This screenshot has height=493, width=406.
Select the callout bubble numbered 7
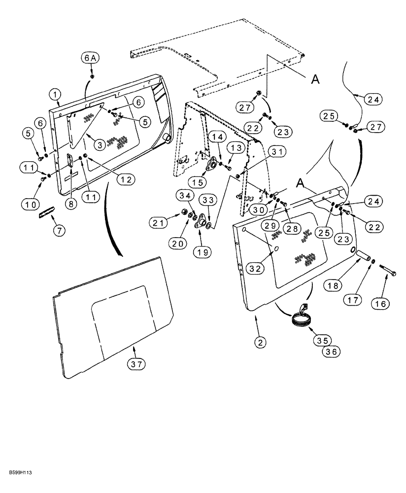click(59, 230)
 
